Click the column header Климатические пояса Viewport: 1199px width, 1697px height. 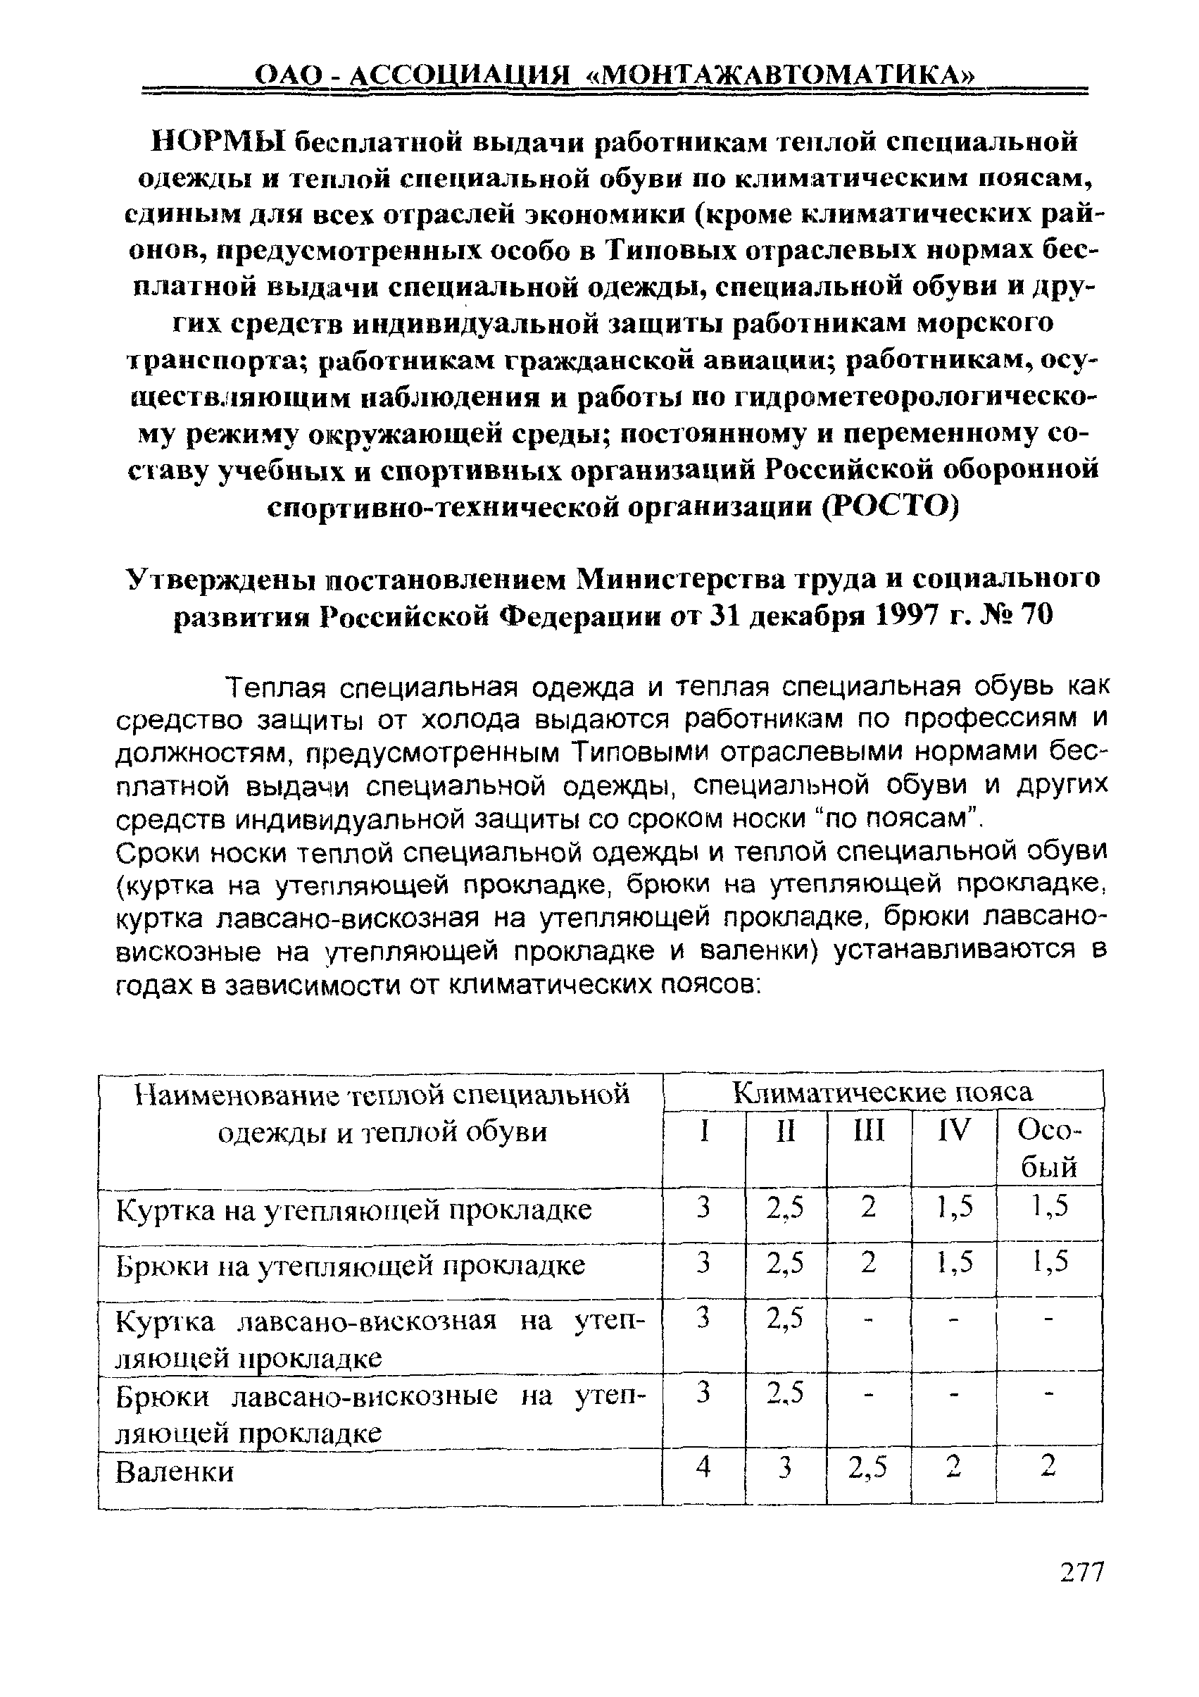pos(882,1092)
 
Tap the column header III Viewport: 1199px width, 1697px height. pos(868,1130)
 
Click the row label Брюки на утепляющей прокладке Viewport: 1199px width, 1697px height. pos(351,1264)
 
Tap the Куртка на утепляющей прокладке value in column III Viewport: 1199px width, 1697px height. pos(868,1207)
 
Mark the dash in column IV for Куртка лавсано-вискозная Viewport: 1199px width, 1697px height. pos(953,1319)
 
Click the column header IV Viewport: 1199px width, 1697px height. pos(953,1130)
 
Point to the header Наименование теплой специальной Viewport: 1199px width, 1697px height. pos(383,1093)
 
